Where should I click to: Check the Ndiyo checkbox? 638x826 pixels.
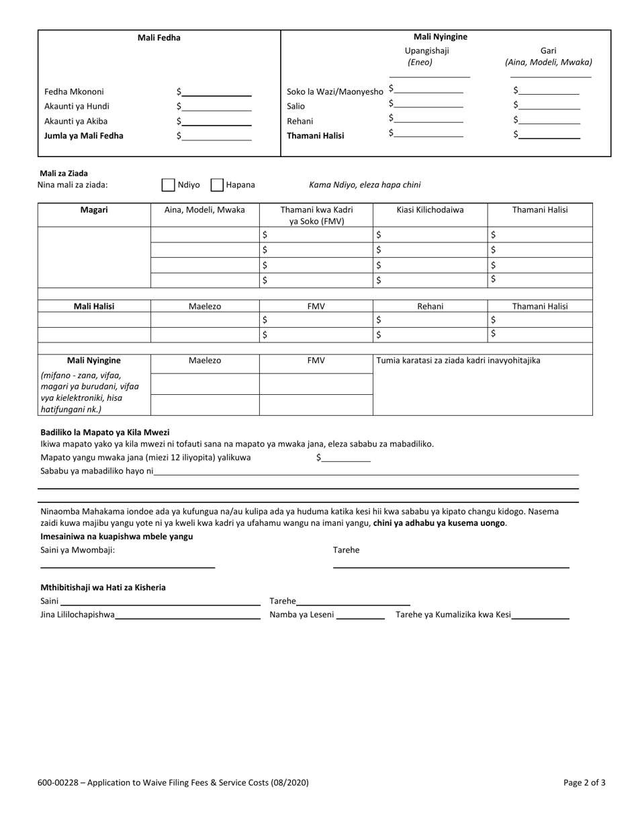(169, 185)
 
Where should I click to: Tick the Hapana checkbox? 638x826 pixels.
(217, 185)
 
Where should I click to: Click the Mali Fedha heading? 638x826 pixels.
(159, 38)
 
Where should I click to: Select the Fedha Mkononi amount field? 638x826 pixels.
(216, 92)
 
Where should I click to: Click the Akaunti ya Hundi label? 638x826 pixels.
(77, 106)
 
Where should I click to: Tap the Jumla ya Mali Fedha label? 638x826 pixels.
(84, 136)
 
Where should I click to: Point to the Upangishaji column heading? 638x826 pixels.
(426, 50)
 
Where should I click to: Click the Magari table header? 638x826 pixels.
(94, 210)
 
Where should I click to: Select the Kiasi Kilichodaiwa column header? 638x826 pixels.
(430, 210)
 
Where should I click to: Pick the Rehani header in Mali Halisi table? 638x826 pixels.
(430, 306)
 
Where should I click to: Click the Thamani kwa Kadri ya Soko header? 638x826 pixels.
(316, 215)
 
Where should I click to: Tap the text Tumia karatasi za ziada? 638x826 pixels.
(458, 360)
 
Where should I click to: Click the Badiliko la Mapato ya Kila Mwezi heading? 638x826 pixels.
(105, 432)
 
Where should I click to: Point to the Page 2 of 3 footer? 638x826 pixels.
(584, 782)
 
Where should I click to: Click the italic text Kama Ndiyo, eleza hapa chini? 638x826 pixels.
(365, 185)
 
